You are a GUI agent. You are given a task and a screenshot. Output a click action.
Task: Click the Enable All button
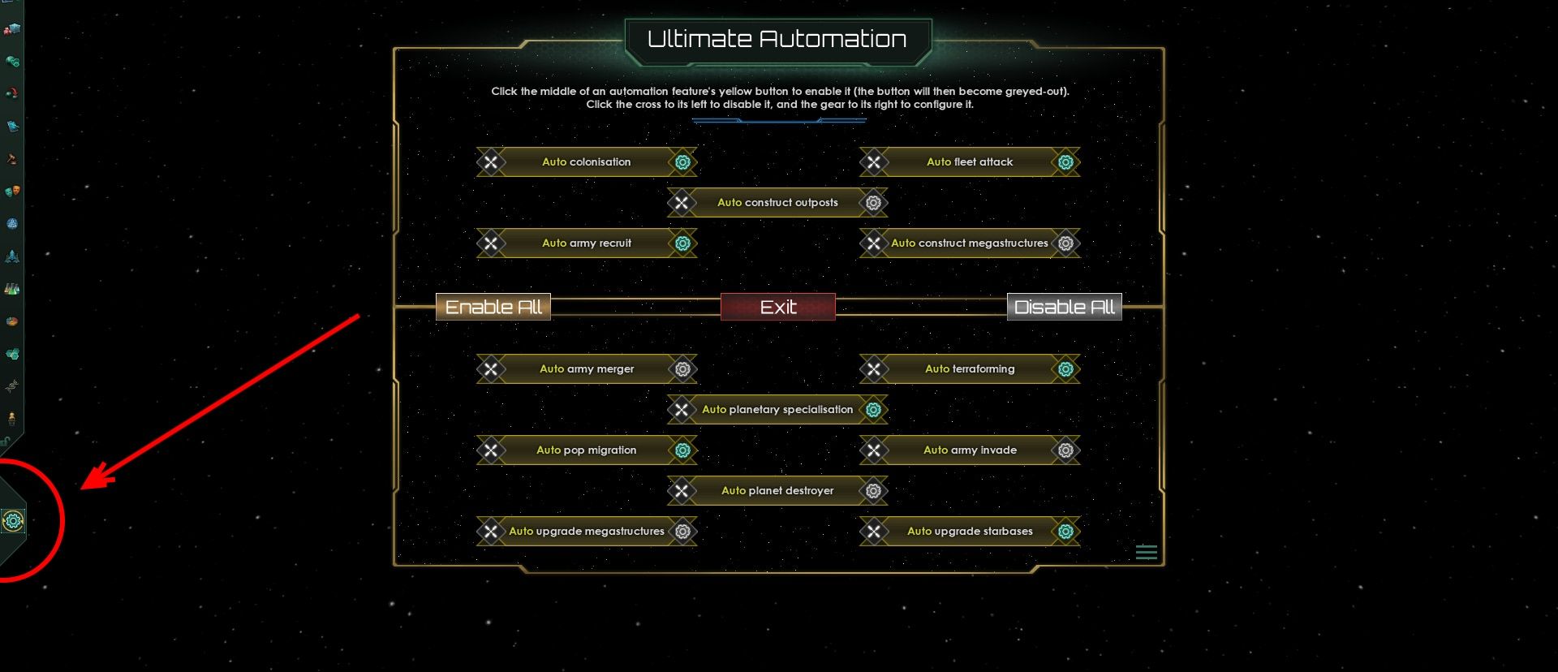(493, 307)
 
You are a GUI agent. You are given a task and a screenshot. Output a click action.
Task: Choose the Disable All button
(1064, 307)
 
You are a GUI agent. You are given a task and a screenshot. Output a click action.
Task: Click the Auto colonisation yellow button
(586, 162)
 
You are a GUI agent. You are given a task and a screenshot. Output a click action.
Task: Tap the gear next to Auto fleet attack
(1065, 162)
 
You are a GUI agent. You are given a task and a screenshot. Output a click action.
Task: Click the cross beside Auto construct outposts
(682, 203)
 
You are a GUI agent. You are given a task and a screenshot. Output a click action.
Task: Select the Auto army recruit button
(586, 243)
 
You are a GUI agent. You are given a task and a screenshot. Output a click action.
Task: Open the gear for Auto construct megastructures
(1065, 243)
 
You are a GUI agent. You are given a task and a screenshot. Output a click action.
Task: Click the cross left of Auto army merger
(490, 369)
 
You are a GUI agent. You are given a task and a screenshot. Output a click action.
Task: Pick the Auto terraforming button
(970, 368)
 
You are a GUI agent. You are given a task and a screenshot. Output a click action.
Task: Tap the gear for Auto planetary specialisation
(873, 410)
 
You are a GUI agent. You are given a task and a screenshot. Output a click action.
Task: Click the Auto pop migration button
(586, 450)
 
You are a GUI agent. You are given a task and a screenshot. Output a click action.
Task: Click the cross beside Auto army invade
(873, 450)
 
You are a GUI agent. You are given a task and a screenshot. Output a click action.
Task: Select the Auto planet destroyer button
(777, 490)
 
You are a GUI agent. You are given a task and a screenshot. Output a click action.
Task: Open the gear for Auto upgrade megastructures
(682, 532)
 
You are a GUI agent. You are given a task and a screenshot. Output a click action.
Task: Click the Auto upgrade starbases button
(970, 531)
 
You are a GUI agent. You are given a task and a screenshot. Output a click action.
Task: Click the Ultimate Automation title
(777, 39)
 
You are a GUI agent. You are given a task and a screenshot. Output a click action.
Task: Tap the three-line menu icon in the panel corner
(1146, 553)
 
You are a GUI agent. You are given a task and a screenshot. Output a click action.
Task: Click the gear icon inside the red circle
(13, 521)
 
